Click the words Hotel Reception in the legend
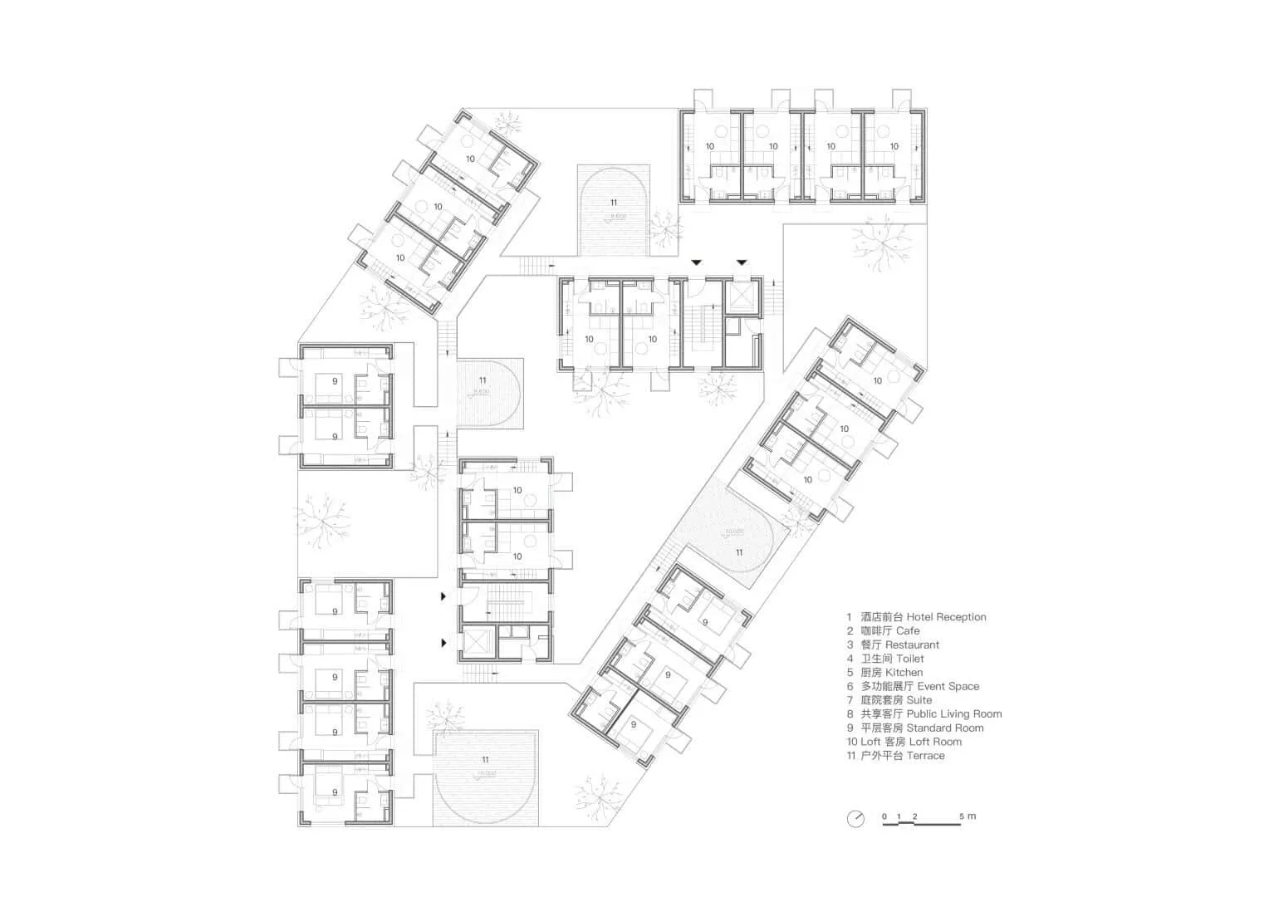click(946, 617)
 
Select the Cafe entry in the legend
click(908, 631)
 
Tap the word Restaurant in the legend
click(912, 645)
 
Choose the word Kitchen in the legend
click(904, 673)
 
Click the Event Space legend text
click(948, 687)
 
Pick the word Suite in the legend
click(919, 700)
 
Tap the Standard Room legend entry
click(945, 728)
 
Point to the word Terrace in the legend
click(925, 756)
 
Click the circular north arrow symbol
click(855, 819)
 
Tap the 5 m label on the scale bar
click(968, 816)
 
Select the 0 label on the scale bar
click(884, 816)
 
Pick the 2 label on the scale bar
click(914, 816)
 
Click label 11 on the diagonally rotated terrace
click(738, 552)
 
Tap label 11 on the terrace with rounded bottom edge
click(485, 760)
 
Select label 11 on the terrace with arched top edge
click(614, 203)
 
